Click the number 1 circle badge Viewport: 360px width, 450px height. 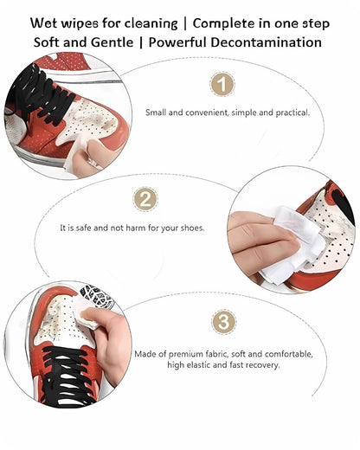pyautogui.click(x=223, y=84)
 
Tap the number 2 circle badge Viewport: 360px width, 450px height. pyautogui.click(x=145, y=199)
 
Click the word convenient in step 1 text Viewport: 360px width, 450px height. pyautogui.click(x=201, y=112)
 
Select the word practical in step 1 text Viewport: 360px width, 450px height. pyautogui.click(x=286, y=112)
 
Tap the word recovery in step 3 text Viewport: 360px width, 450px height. pyautogui.click(x=263, y=365)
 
